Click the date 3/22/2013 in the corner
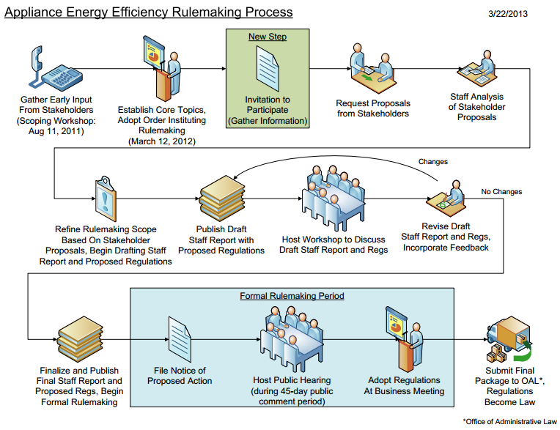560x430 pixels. click(507, 13)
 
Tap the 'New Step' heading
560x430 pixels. click(267, 37)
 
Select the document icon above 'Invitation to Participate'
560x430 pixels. click(268, 70)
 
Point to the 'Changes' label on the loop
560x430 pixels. click(432, 161)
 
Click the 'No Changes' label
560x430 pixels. click(501, 192)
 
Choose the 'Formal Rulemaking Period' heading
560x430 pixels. click(292, 296)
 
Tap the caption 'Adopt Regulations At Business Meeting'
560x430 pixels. click(403, 385)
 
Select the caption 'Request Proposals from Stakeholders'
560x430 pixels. click(373, 108)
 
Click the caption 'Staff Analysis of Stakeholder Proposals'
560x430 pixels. click(476, 107)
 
